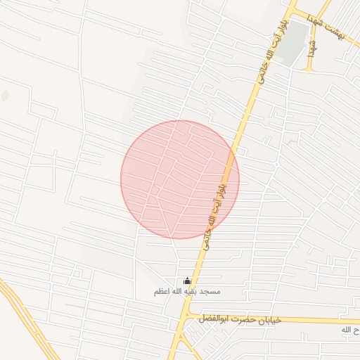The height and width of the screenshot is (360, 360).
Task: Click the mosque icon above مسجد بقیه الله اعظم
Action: click(x=186, y=281)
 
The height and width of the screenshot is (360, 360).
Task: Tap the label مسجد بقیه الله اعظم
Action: click(x=187, y=291)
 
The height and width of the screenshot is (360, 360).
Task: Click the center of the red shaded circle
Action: click(x=180, y=179)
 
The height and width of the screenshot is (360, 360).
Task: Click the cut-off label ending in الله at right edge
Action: click(x=349, y=330)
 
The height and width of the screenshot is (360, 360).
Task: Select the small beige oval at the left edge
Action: click(x=5, y=95)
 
